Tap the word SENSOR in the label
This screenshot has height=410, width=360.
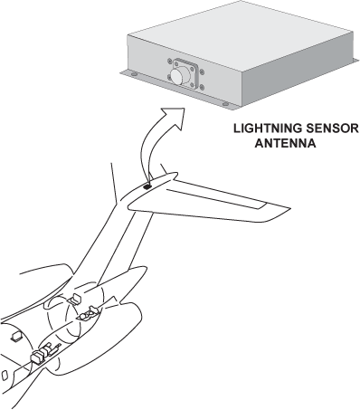coord(330,129)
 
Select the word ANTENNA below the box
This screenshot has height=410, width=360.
coord(285,143)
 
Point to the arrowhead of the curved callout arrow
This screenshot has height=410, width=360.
coord(175,117)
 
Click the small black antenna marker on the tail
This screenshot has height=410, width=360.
coord(147,187)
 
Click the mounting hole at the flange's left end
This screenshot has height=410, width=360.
coord(134,74)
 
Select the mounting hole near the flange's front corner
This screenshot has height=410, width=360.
coord(225,104)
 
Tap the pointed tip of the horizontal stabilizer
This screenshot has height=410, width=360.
coord(290,208)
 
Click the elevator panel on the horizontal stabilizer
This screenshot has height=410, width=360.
coord(216,199)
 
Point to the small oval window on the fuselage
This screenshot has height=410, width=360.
coord(5,375)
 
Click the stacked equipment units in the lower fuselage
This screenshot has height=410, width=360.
coord(43,354)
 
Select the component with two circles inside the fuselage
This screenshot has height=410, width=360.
coord(88,314)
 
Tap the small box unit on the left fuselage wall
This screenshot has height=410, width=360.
coord(15,337)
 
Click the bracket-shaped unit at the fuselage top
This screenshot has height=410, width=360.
coord(75,299)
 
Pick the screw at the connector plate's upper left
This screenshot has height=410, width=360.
coord(170,62)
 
